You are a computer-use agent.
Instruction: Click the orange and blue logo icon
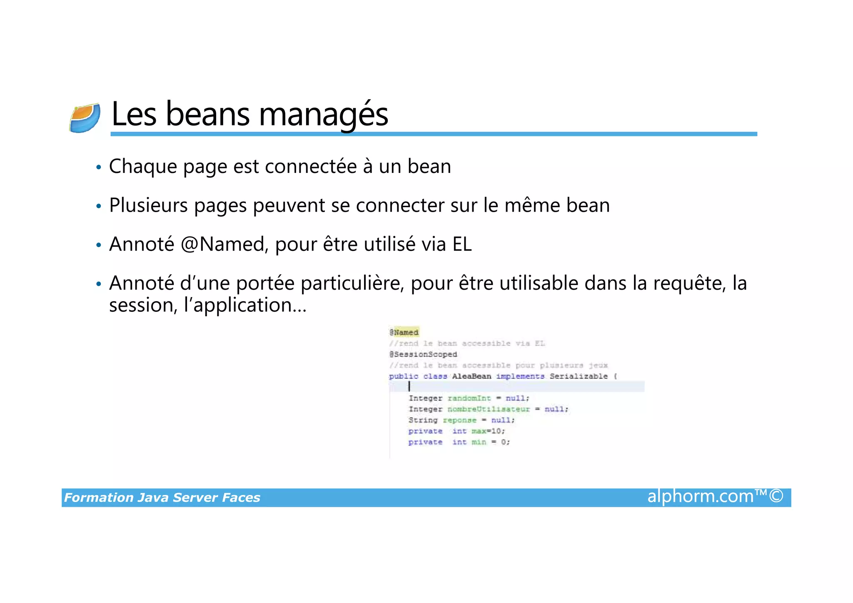(x=85, y=118)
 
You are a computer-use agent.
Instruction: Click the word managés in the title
(x=324, y=114)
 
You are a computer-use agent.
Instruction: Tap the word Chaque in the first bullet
(x=143, y=167)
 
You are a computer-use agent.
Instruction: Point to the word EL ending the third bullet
(x=462, y=244)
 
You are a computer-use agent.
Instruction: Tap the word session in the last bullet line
(x=140, y=305)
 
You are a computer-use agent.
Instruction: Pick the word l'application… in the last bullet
(x=245, y=305)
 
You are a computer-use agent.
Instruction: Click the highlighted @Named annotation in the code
(x=404, y=333)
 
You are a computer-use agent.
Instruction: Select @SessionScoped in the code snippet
(x=423, y=354)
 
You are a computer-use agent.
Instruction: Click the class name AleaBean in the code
(x=471, y=376)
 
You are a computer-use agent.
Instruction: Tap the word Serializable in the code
(x=579, y=376)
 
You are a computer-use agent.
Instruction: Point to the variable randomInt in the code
(x=469, y=398)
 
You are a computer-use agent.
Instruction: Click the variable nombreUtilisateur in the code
(x=489, y=409)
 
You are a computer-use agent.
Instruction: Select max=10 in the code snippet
(x=487, y=431)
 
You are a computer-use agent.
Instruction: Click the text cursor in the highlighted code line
(x=409, y=386)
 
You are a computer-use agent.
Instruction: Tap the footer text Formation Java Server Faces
(x=162, y=498)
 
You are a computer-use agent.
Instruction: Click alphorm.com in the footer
(x=701, y=496)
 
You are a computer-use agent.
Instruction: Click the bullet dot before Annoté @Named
(x=99, y=245)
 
